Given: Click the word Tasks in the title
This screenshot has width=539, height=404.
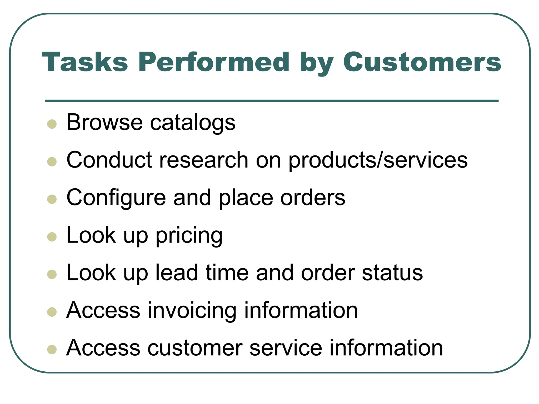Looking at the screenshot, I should point(85,62).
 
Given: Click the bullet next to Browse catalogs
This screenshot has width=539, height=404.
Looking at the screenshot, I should point(52,124).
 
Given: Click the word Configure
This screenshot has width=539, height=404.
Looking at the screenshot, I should point(116,198).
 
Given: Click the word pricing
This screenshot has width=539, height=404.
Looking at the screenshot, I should point(189,236).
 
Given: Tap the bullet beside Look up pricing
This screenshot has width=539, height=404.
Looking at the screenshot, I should point(52,237).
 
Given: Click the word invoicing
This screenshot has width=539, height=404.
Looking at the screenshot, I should point(192,311).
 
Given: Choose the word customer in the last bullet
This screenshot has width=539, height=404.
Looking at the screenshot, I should point(195,348).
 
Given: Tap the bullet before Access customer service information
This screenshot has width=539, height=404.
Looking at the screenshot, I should point(52,350).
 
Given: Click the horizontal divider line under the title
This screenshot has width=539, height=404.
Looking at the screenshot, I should point(272,101).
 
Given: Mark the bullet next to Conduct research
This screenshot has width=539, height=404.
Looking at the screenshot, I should point(52,162).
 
